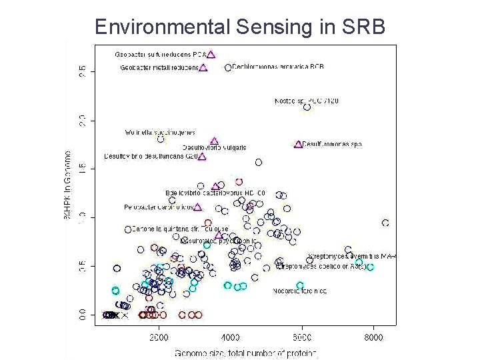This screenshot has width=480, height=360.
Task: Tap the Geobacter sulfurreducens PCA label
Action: tap(161, 54)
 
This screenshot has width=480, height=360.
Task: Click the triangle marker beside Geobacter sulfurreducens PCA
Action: tap(211, 55)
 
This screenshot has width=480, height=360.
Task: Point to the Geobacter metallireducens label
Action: tap(159, 67)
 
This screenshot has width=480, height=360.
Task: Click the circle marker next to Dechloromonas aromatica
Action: tap(229, 67)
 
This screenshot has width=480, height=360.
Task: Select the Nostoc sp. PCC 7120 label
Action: tap(307, 101)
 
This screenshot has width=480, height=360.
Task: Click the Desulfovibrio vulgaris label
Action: tap(214, 148)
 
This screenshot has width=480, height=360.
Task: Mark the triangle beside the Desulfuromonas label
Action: tap(298, 144)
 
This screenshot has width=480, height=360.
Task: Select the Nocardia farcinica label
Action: tap(299, 291)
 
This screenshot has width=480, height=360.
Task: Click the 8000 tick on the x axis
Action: tap(373, 337)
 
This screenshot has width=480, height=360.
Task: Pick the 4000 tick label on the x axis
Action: tap(231, 337)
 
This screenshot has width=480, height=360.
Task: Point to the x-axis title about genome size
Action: tap(246, 353)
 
